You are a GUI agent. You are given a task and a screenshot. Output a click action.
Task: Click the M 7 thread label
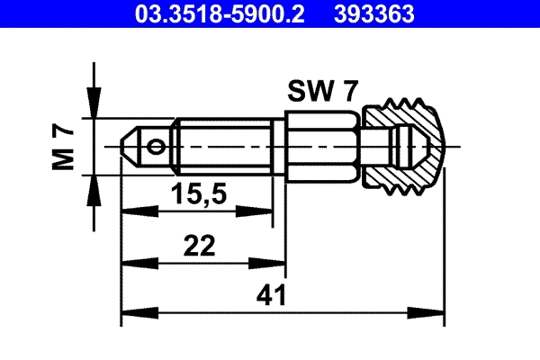pyautogui.click(x=63, y=146)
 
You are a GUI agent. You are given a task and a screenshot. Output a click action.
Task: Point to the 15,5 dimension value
pyautogui.click(x=196, y=194)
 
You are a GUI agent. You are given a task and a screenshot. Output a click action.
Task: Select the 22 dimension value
pyautogui.click(x=202, y=247)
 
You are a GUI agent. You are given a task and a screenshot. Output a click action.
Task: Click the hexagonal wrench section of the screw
pyautogui.click(x=322, y=145)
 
